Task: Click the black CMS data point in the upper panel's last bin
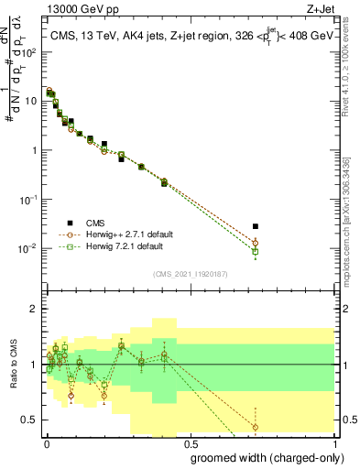(256, 226)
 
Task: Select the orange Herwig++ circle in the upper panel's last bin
(256, 243)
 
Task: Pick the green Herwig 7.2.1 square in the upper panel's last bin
(256, 251)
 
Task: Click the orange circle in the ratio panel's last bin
(256, 427)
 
